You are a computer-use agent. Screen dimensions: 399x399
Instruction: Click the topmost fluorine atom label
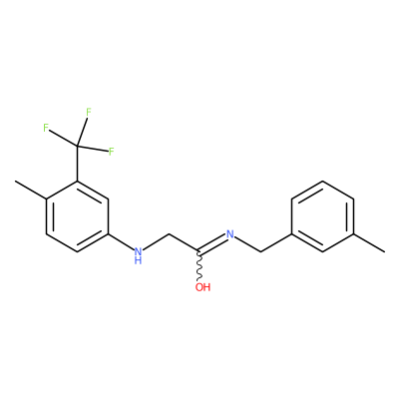click(x=89, y=113)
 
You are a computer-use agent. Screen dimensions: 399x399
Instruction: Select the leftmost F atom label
click(x=46, y=128)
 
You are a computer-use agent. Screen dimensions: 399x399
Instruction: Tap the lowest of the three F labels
click(x=111, y=152)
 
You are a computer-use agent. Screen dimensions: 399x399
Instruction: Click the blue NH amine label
click(x=138, y=255)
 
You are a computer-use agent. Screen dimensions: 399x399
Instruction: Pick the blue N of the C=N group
click(x=229, y=234)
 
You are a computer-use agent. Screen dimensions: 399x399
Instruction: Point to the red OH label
click(x=202, y=286)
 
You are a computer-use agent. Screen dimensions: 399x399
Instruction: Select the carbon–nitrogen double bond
click(x=211, y=243)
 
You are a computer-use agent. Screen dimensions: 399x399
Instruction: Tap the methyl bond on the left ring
click(x=30, y=191)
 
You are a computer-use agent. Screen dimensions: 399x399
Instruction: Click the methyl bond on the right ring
click(x=369, y=243)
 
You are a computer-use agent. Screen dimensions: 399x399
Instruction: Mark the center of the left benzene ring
click(x=78, y=216)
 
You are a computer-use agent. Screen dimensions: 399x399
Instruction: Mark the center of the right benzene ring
click(x=322, y=216)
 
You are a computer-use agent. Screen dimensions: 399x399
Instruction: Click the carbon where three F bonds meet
click(x=78, y=146)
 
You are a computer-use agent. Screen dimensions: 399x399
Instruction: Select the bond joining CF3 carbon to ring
click(x=78, y=164)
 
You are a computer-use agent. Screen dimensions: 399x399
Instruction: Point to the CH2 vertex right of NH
click(x=169, y=234)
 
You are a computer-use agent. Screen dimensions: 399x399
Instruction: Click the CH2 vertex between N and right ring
click(x=261, y=251)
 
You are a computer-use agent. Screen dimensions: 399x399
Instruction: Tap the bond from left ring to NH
click(x=121, y=241)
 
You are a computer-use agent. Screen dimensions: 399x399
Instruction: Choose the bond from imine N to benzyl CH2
click(x=247, y=244)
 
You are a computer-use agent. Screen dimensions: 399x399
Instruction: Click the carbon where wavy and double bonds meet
click(x=199, y=251)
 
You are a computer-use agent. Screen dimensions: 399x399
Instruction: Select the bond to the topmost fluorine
click(x=82, y=132)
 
